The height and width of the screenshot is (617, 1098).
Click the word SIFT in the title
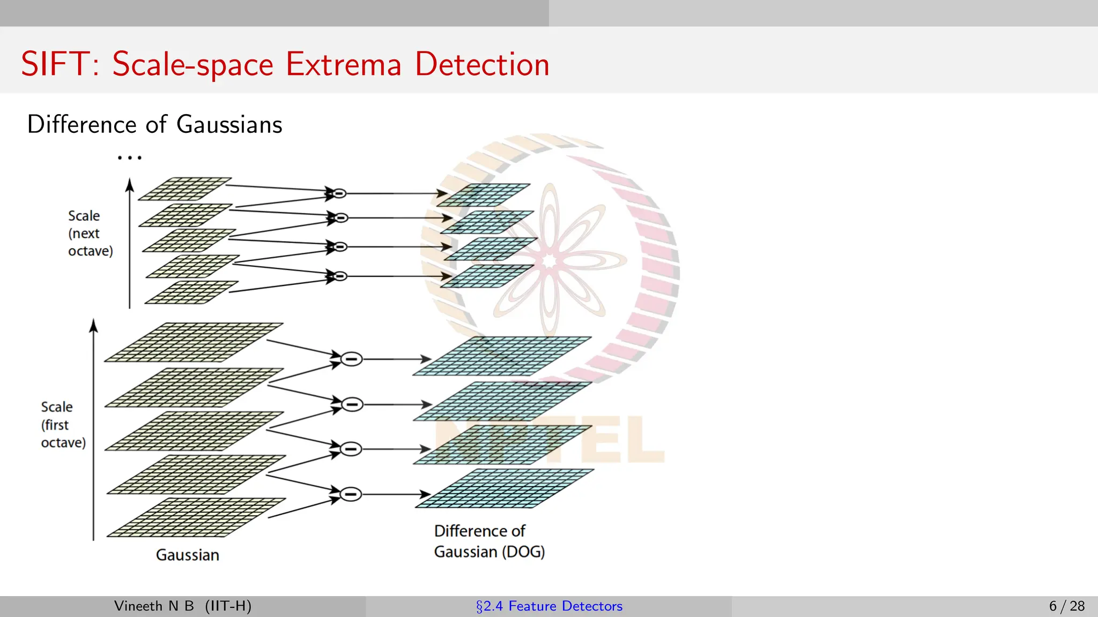[x=54, y=64]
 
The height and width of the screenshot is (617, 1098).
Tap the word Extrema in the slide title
[x=343, y=64]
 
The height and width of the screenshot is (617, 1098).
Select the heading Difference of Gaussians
[x=154, y=124]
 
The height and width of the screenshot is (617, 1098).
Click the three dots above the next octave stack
[x=129, y=157]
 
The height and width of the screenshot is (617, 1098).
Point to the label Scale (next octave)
[x=90, y=234]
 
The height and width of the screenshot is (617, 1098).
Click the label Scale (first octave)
[x=63, y=425]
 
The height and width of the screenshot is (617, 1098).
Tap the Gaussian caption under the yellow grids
[x=187, y=555]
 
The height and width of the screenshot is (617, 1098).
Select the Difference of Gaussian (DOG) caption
[x=489, y=541]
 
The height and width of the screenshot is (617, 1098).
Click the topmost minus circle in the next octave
[x=339, y=193]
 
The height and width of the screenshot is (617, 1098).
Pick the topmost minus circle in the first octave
[x=352, y=359]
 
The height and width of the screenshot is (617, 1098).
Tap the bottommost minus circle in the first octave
[x=351, y=494]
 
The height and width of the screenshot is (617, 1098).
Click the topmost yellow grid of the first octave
[x=193, y=342]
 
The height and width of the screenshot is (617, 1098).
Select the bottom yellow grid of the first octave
[x=196, y=517]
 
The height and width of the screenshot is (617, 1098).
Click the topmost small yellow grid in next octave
[x=184, y=189]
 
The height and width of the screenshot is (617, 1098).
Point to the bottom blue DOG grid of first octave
[x=504, y=488]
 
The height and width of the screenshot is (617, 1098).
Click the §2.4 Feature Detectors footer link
[x=549, y=606]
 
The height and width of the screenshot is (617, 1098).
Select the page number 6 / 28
[x=1066, y=606]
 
